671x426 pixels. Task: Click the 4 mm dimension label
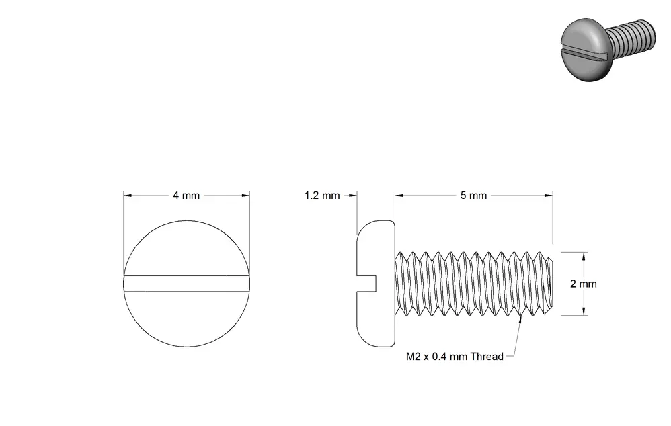[186, 196]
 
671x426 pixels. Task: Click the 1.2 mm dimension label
[322, 196]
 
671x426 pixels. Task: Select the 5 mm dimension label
[473, 196]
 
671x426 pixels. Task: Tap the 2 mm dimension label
[584, 284]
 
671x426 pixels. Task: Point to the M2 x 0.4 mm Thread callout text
[455, 357]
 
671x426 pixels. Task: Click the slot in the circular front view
[187, 284]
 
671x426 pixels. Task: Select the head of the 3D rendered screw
[584, 48]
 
